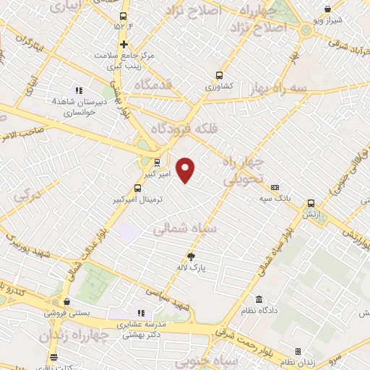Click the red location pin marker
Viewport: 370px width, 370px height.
[186, 169]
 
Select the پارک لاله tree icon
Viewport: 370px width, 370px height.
[192, 257]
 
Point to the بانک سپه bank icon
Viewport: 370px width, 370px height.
[275, 187]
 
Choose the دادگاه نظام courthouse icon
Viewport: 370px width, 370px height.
[259, 300]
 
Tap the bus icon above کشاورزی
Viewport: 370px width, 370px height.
[219, 75]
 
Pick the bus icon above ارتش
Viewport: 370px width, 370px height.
[311, 205]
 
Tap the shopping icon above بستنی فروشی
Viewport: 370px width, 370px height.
[66, 302]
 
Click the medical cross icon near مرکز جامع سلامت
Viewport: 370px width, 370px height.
[124, 45]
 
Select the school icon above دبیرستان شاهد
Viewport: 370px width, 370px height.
[79, 91]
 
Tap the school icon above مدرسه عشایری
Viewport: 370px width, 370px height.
[141, 314]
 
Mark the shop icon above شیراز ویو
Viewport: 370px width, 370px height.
[329, 9]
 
